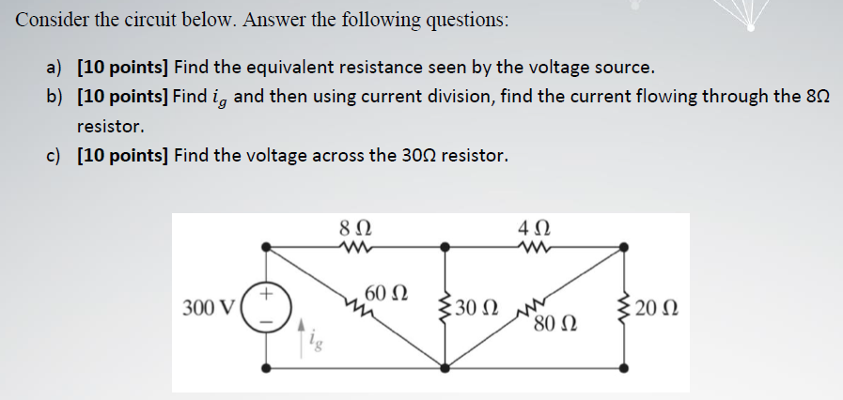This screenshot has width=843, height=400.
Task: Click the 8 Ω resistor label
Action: pyautogui.click(x=357, y=228)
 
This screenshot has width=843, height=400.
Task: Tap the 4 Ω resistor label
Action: pyautogui.click(x=529, y=228)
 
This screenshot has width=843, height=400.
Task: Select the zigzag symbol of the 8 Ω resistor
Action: pyautogui.click(x=357, y=247)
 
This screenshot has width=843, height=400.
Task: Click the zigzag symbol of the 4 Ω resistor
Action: pyautogui.click(x=529, y=247)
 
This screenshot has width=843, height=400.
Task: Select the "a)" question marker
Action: pyautogui.click(x=55, y=68)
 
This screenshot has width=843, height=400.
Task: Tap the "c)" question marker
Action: pyautogui.click(x=55, y=155)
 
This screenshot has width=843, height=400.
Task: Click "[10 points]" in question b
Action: pyautogui.click(x=121, y=97)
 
